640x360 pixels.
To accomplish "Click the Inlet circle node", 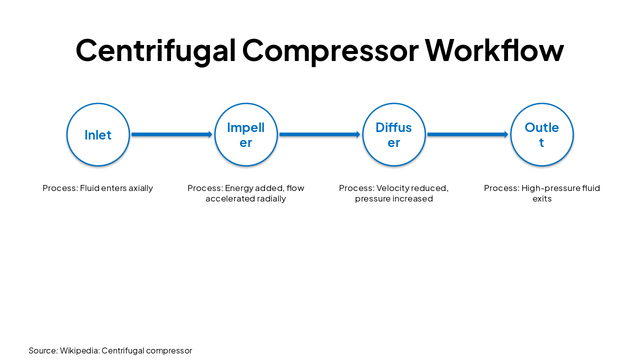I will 98,134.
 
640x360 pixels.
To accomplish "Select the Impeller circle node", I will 246,134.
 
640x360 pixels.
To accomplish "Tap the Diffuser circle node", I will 394,134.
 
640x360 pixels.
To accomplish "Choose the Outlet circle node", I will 541,134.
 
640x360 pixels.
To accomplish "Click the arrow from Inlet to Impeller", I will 171,134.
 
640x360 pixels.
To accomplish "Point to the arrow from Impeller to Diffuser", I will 319,134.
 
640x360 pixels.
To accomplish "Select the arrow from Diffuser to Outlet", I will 467,134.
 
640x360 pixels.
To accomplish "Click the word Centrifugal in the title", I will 155,50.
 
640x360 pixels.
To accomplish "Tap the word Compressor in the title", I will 330,50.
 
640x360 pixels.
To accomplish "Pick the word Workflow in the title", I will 494,50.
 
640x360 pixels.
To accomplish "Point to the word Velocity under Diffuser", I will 392,188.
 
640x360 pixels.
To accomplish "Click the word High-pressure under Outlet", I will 546,188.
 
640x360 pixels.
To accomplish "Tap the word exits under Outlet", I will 541,199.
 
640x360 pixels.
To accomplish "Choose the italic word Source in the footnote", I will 43,351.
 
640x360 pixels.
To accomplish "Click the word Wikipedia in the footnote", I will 79,351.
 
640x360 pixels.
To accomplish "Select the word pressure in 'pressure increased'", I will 372,199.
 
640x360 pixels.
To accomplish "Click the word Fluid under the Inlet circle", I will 89,188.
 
